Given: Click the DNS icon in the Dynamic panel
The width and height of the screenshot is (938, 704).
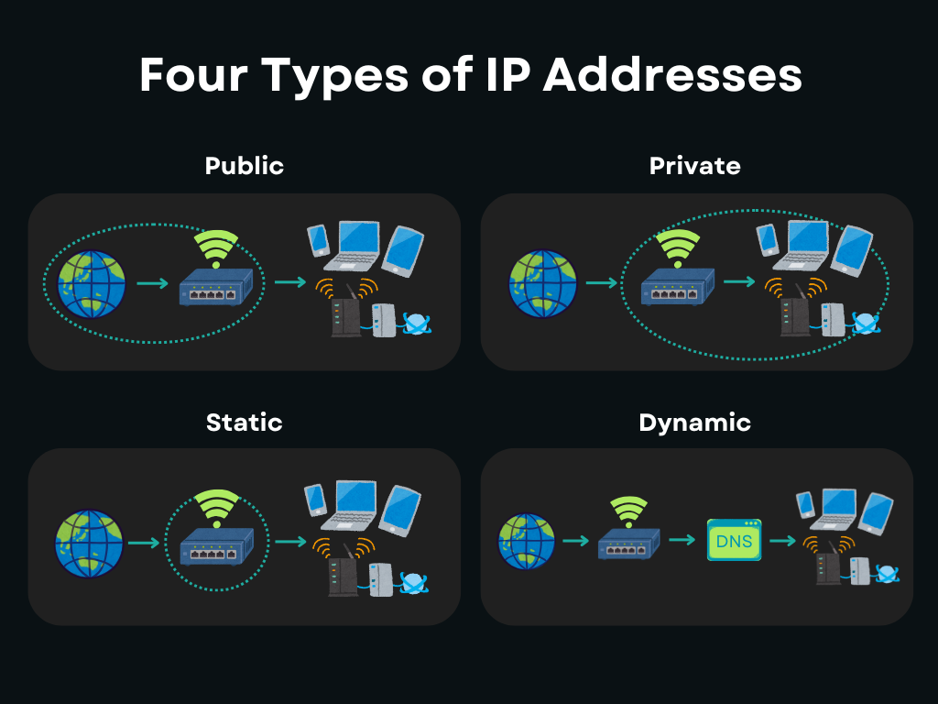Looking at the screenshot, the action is click(x=734, y=541).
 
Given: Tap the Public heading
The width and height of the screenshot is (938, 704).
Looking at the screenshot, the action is click(x=245, y=166).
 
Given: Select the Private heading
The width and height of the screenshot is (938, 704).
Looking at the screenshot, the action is click(x=694, y=166).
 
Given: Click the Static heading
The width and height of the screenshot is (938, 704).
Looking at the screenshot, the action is click(x=245, y=423).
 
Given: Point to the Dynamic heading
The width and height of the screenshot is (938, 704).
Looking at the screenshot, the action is click(x=694, y=423).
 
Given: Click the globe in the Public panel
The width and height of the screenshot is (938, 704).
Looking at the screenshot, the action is click(x=90, y=283).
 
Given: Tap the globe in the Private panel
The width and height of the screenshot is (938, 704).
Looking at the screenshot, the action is click(x=542, y=283).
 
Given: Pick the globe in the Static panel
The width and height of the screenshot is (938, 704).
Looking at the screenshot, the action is click(x=88, y=544).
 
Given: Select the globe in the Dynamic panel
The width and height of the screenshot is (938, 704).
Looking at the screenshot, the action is click(x=527, y=541).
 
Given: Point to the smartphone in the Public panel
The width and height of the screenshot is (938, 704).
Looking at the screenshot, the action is click(x=318, y=239).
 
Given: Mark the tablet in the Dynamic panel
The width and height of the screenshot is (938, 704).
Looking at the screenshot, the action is click(x=876, y=512).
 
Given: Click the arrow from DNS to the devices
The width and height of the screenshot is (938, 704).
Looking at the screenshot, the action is click(x=781, y=541).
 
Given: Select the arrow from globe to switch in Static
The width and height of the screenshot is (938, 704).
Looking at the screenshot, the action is click(x=144, y=544).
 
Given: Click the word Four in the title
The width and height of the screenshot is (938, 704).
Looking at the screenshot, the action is click(x=192, y=75).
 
